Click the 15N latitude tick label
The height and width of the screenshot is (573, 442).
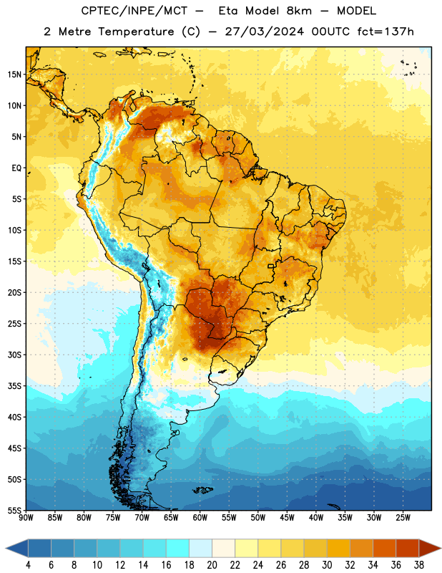pyautogui.click(x=14, y=74)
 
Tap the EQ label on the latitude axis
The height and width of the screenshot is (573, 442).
pyautogui.click(x=16, y=168)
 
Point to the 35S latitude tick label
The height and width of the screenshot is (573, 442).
pyautogui.click(x=14, y=386)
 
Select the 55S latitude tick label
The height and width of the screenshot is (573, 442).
pyautogui.click(x=14, y=510)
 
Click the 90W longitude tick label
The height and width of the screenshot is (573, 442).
pyautogui.click(x=26, y=518)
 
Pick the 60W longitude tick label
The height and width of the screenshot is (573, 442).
pyautogui.click(x=200, y=518)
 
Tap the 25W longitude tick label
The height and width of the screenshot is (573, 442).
pyautogui.click(x=403, y=518)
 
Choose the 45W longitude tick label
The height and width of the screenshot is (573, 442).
pyautogui.click(x=287, y=518)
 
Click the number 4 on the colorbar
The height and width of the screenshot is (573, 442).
pyautogui.click(x=28, y=565)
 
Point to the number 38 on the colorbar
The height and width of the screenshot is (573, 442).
pyautogui.click(x=419, y=565)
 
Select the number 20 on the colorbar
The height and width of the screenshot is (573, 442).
pyautogui.click(x=212, y=565)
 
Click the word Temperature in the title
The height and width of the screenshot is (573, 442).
pyautogui.click(x=136, y=32)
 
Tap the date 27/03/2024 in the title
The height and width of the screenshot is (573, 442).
pyautogui.click(x=264, y=32)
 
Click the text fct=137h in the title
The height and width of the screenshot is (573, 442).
pyautogui.click(x=385, y=32)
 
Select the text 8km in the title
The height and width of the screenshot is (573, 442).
pyautogui.click(x=299, y=11)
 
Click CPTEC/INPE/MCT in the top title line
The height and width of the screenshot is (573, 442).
pyautogui.click(x=134, y=11)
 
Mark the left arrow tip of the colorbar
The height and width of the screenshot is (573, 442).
pyautogui.click(x=6, y=549)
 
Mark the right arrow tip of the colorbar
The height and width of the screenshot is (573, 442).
pyautogui.click(x=441, y=549)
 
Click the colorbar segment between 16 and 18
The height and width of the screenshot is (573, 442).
pyautogui.click(x=178, y=549)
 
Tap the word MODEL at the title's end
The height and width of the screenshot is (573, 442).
pyautogui.click(x=356, y=11)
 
